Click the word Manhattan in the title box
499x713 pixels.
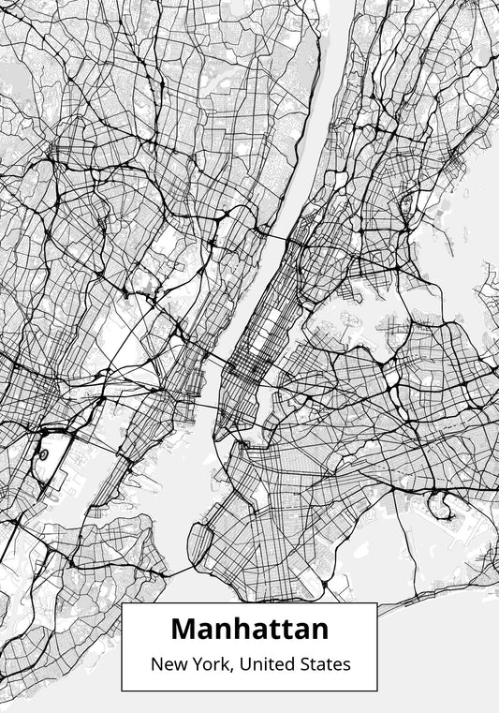pyautogui.click(x=249, y=628)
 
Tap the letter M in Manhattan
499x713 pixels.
pyautogui.click(x=183, y=628)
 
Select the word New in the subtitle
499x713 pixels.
pyautogui.click(x=168, y=664)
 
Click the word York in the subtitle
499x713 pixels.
pyautogui.click(x=213, y=664)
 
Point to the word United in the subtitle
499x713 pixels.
pyautogui.click(x=272, y=664)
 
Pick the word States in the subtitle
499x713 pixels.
pyautogui.click(x=327, y=664)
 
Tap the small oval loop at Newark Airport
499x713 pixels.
pyautogui.click(x=43, y=453)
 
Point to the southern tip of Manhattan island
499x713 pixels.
pyautogui.click(x=216, y=438)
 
